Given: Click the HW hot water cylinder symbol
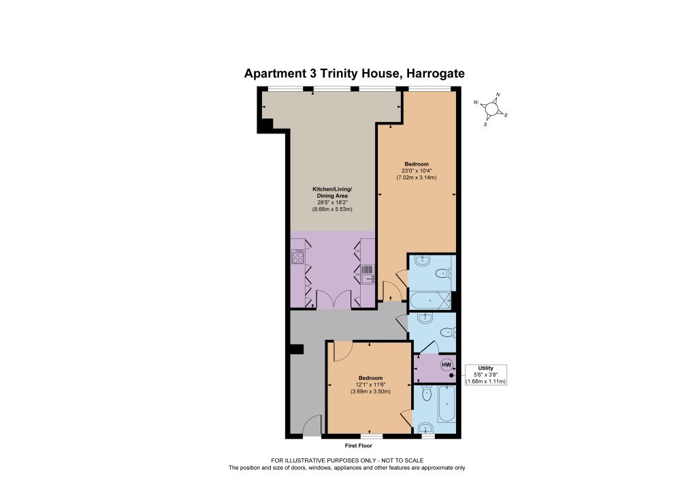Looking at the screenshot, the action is coord(447,365).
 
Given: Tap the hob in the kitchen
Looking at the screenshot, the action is coord(297,257).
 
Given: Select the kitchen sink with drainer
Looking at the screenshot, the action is coord(368,274).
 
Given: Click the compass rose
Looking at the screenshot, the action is coord(491,109).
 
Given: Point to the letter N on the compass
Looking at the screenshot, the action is coord(498,94).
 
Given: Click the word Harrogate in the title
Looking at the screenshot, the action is coord(434,74).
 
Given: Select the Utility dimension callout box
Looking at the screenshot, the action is coord(485,375).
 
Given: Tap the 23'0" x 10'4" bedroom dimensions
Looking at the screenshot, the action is coord(417,171).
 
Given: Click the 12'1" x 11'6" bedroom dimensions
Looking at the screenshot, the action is coord(370,385).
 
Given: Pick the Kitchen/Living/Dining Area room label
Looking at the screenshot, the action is coord(332,193).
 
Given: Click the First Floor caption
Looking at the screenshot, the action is coord(358,445).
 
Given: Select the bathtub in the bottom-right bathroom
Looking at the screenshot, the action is coord(447,404).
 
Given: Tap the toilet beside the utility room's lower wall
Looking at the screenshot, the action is coord(427,394).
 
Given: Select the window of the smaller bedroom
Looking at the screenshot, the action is coord(372,436).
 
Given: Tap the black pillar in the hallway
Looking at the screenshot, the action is coord(295,350).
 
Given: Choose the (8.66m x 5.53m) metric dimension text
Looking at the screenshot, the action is coord(332,209).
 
